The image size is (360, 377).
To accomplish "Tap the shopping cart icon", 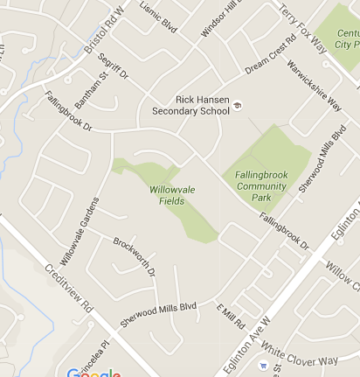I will (262, 365).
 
